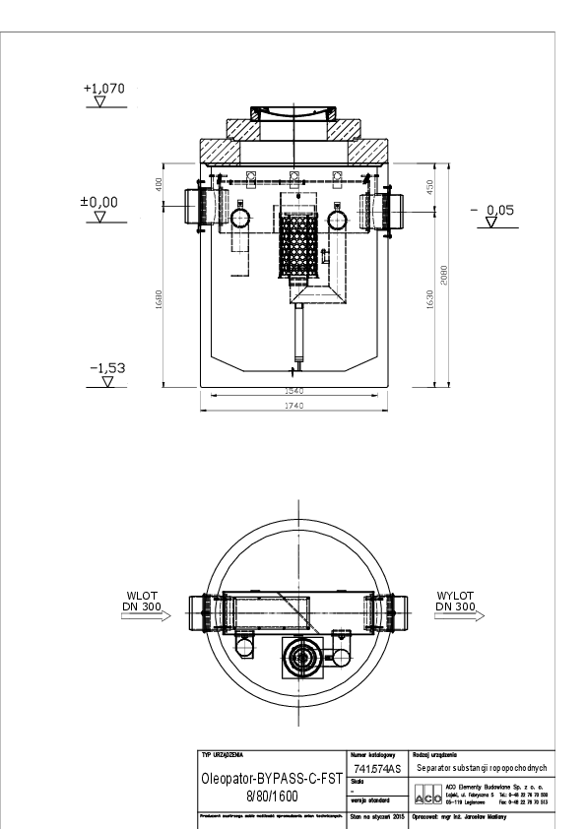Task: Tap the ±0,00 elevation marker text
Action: point(99,201)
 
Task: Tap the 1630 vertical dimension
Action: point(429,300)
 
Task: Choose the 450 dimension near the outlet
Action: point(429,187)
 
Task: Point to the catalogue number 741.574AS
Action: point(376,769)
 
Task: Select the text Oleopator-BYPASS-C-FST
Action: point(271,777)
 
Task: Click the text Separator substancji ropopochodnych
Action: point(481,768)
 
